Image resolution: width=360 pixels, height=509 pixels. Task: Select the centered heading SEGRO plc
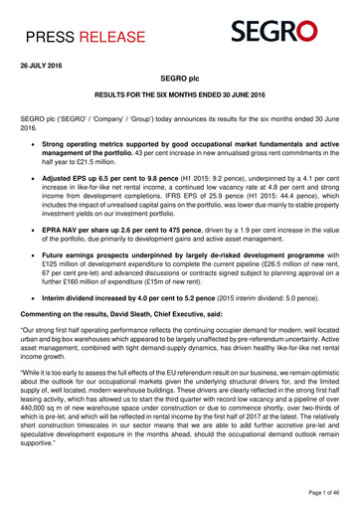180,90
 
